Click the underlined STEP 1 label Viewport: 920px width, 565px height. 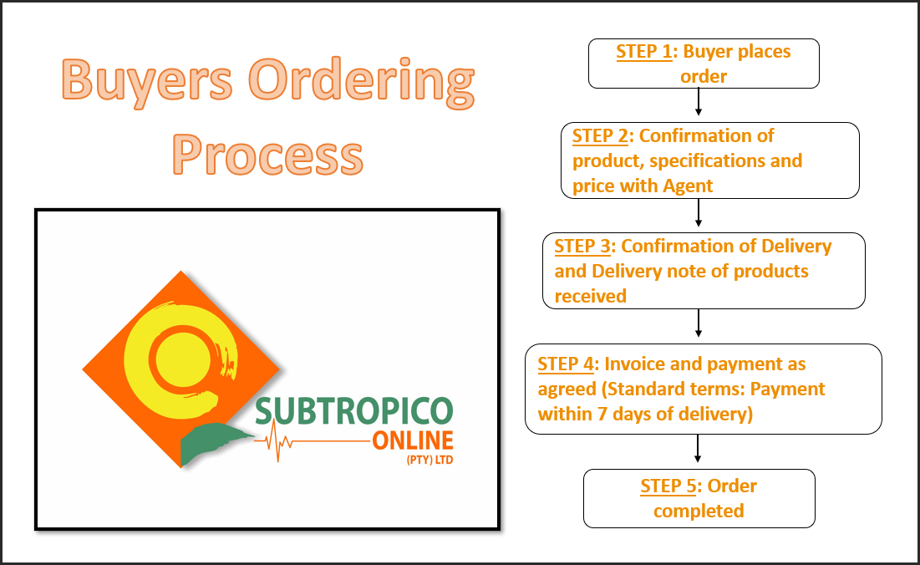point(643,52)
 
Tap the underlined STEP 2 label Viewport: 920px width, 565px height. point(600,135)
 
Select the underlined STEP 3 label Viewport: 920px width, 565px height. point(582,246)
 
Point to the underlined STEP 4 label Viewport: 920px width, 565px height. point(566,364)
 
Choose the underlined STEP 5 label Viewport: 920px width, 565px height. point(669,486)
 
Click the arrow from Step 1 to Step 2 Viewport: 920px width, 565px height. point(698,104)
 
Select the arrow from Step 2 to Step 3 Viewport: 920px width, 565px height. point(698,214)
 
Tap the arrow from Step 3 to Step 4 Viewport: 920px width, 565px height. point(698,324)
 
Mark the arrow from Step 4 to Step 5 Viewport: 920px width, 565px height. point(698,450)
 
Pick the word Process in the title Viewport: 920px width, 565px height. point(268,153)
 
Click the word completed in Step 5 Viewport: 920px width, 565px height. point(699,511)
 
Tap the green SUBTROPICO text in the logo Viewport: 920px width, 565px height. point(354,411)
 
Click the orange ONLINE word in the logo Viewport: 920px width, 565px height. point(413,440)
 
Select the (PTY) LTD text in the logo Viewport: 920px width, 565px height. point(428,458)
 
